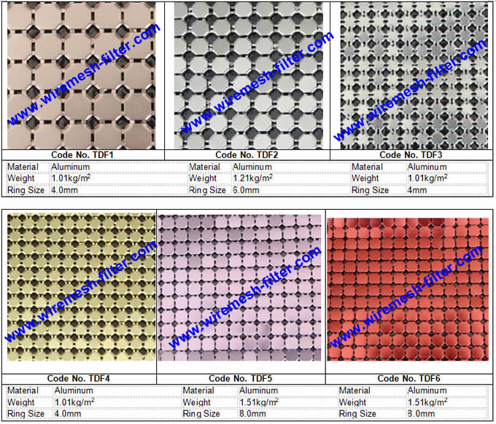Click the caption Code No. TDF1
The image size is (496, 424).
(82, 154)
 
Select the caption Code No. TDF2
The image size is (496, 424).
(247, 154)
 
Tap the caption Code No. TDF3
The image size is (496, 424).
(411, 154)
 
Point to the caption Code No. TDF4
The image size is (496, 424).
(78, 378)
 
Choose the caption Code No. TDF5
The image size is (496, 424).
(240, 378)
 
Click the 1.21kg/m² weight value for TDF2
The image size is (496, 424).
(253, 178)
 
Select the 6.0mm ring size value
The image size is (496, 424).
(246, 190)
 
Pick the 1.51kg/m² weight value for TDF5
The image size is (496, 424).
(259, 401)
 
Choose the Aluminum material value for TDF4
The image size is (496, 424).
(72, 390)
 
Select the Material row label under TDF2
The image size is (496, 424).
(204, 167)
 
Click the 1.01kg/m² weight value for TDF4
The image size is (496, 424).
(74, 401)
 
